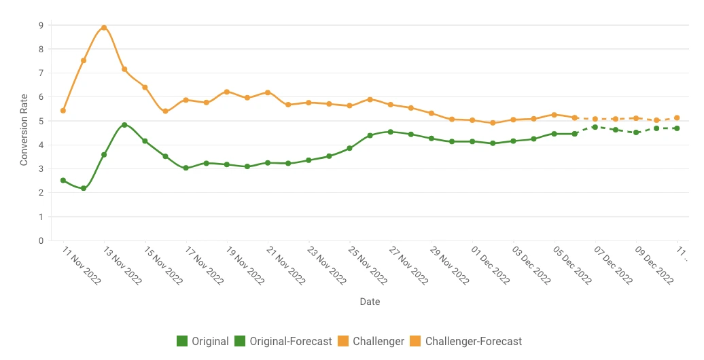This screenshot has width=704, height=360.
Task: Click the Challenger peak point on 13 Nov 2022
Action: pos(104,28)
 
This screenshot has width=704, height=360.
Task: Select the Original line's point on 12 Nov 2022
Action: pos(84,188)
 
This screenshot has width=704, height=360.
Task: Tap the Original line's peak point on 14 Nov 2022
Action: pos(124,125)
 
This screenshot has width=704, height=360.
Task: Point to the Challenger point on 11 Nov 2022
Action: pos(63,110)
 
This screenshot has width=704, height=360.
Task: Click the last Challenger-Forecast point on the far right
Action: pos(677,118)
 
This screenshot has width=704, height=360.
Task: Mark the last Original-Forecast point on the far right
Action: pos(677,128)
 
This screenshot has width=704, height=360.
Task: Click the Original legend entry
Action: pos(203,341)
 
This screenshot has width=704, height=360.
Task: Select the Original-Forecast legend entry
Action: pos(283,341)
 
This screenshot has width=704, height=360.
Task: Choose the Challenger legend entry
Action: pos(371,341)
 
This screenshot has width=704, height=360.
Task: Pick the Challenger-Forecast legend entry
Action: pos(466,341)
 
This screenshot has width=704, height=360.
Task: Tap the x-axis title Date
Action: pos(370,302)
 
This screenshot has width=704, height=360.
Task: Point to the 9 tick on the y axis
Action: pos(41,25)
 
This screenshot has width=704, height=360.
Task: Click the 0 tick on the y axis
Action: pos(41,240)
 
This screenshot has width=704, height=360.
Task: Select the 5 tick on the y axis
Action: pos(41,121)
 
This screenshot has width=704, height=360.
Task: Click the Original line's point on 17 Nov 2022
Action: pos(186,168)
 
